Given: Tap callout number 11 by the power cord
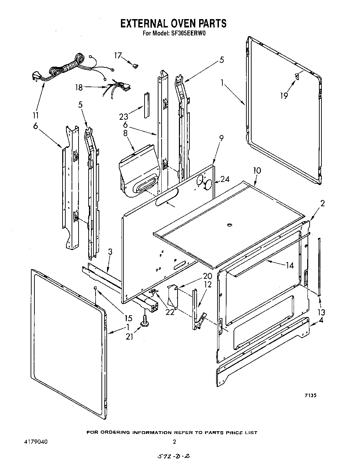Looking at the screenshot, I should (x=35, y=115).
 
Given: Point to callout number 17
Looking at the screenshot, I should (x=118, y=55).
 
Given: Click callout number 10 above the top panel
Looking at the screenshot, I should (x=257, y=170).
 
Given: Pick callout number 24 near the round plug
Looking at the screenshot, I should (x=225, y=179).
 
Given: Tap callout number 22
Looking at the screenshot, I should (x=170, y=312).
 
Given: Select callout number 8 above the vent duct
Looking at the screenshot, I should (x=125, y=133).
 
